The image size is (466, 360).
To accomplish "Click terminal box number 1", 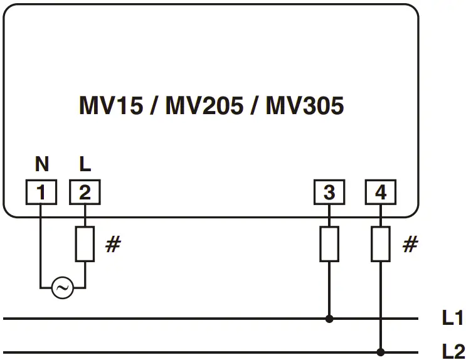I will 41,193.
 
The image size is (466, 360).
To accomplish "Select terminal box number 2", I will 85,193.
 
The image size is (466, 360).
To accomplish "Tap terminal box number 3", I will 329,193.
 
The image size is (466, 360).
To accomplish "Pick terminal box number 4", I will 381,193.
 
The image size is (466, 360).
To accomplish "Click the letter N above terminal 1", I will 41,165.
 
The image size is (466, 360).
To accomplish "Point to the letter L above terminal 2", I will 85,165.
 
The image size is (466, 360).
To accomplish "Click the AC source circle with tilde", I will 62,289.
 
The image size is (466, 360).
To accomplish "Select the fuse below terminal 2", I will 85,244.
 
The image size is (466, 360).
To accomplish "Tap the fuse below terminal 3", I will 329,244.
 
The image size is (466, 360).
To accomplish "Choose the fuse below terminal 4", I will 381,244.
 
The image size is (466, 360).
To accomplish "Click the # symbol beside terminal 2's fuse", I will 112,245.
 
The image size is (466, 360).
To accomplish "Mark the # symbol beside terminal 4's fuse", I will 410,245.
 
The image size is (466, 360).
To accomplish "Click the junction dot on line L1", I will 329,319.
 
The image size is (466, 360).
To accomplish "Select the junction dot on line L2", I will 381,352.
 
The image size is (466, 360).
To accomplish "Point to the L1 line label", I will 452,318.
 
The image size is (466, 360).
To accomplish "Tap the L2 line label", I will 452,351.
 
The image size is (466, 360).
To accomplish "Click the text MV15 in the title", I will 109,105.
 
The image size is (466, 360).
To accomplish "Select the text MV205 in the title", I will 204,105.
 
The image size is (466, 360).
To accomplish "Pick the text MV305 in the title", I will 305,105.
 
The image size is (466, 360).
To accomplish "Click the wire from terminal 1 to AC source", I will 41,251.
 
